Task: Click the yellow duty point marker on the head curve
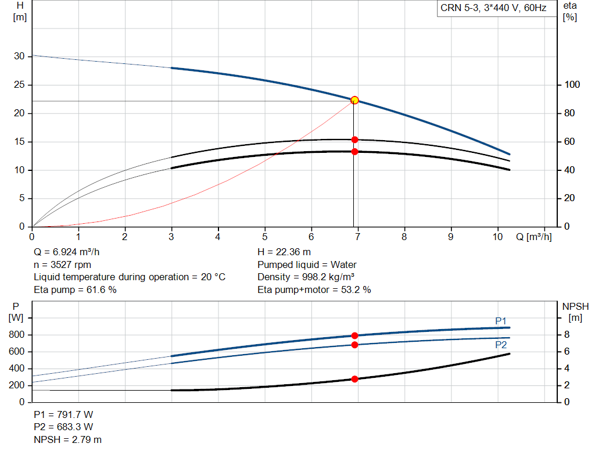(354, 100)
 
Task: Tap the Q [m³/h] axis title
(533, 237)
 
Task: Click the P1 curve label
(501, 321)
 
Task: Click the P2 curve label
(501, 345)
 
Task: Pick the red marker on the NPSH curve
(354, 379)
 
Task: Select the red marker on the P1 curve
(354, 335)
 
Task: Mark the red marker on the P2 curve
(354, 345)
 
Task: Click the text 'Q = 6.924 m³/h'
(71, 252)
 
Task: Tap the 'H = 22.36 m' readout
(284, 252)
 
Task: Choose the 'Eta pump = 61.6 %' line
(75, 289)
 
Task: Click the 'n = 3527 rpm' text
(63, 264)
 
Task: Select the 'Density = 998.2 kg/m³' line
(306, 277)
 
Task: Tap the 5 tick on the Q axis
(265, 237)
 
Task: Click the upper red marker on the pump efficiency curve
(354, 140)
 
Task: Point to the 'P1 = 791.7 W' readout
(63, 415)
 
